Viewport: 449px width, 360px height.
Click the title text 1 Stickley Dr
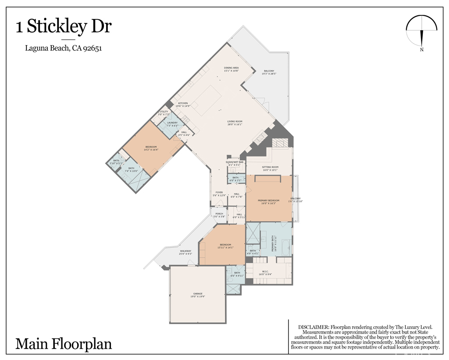(x=64, y=27)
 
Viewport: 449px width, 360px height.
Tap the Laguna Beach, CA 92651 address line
(x=64, y=49)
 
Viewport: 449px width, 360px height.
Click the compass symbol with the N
(x=422, y=32)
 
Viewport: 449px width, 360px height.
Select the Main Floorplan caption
(x=64, y=343)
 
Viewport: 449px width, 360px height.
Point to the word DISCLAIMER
(x=314, y=327)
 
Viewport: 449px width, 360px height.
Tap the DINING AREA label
(x=231, y=69)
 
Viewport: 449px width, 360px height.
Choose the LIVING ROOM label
(x=235, y=123)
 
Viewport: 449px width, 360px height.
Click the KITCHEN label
(x=183, y=104)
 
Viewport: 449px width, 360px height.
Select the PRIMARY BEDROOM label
(x=268, y=202)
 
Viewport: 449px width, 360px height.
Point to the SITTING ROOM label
(x=270, y=168)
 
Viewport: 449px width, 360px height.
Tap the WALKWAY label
(x=185, y=252)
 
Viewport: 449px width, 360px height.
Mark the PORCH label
(x=219, y=215)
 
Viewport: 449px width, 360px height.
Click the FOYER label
(x=219, y=193)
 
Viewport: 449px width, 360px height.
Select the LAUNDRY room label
(x=172, y=124)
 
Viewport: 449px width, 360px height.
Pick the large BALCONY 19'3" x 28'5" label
(x=269, y=72)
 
